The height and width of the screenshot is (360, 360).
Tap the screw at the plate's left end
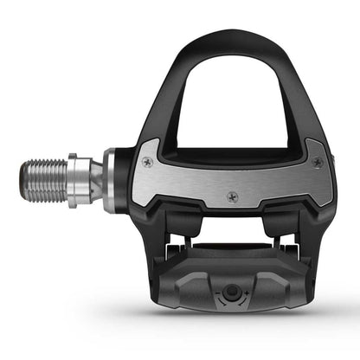pos(145,161)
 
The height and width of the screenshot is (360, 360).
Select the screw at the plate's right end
pos(318,162)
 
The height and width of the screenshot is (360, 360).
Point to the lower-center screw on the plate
pos(232,196)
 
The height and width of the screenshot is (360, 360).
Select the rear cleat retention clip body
pos(228,281)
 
